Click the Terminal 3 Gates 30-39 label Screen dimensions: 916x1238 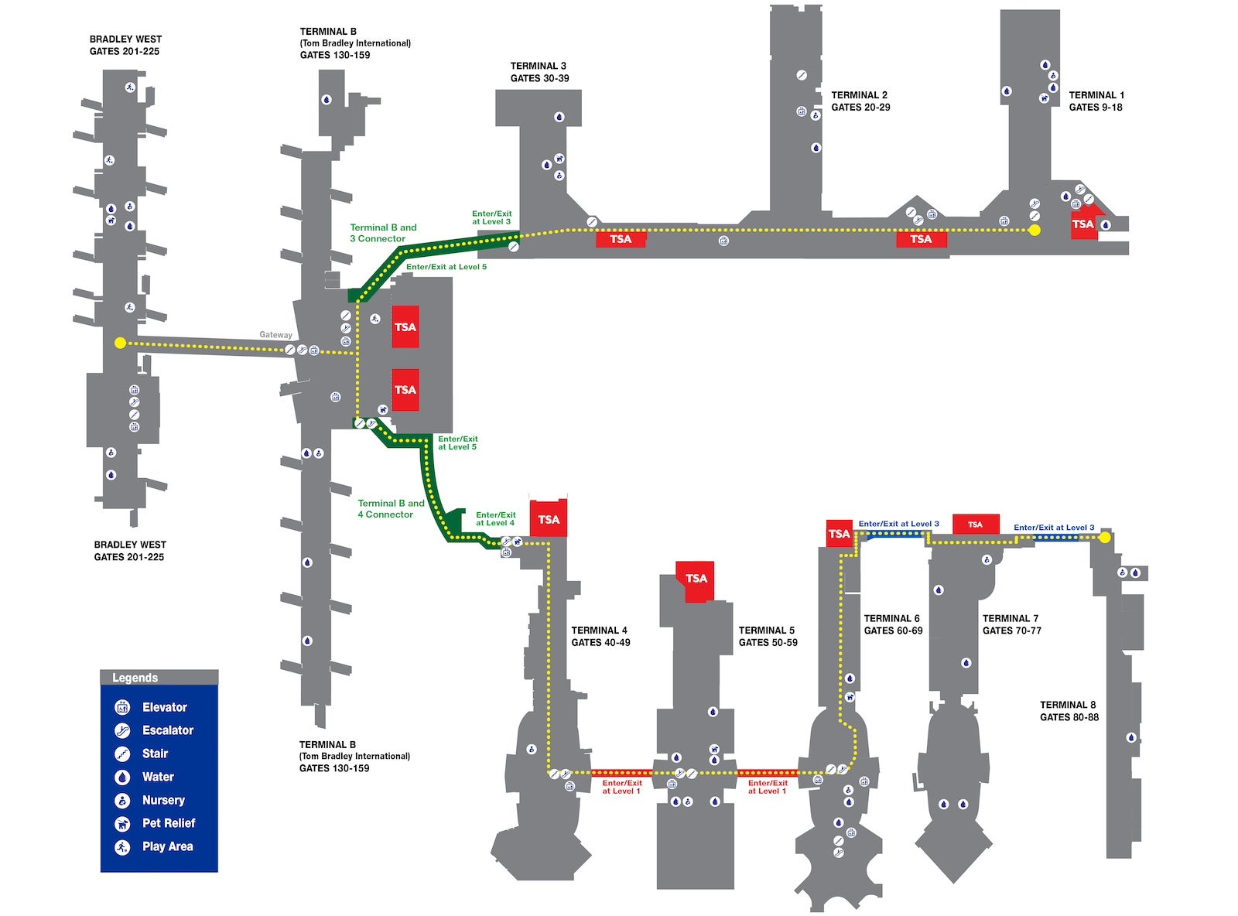pyautogui.click(x=539, y=72)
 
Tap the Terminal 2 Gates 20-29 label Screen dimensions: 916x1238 pyautogui.click(x=860, y=101)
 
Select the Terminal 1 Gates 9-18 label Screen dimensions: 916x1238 pyautogui.click(x=1096, y=101)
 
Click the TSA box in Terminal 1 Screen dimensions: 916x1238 pyautogui.click(x=1082, y=224)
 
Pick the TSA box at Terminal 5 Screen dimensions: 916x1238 pyautogui.click(x=696, y=579)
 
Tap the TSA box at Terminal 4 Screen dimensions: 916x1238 pyautogui.click(x=549, y=520)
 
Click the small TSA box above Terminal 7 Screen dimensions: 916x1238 pyautogui.click(x=975, y=525)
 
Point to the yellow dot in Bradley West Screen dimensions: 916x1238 pyautogui.click(x=120, y=343)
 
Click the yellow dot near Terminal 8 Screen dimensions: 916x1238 pyautogui.click(x=1105, y=537)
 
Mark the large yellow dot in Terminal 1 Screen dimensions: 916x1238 pyautogui.click(x=1035, y=230)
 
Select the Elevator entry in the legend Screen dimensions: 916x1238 pyautogui.click(x=164, y=707)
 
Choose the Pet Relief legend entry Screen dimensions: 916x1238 pyautogui.click(x=168, y=823)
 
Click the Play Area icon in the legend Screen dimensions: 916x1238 pyautogui.click(x=122, y=847)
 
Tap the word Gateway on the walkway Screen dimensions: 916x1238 pyautogui.click(x=275, y=335)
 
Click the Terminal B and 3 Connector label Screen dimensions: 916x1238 pyautogui.click(x=382, y=233)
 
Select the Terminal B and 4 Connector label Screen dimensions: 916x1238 pyautogui.click(x=391, y=508)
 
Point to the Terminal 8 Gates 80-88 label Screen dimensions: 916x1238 pyautogui.click(x=1069, y=711)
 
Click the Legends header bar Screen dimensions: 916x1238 pyautogui.click(x=159, y=678)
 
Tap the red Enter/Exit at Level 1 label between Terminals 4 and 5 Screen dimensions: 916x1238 pyautogui.click(x=622, y=787)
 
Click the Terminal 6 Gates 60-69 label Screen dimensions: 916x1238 pyautogui.click(x=893, y=624)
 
